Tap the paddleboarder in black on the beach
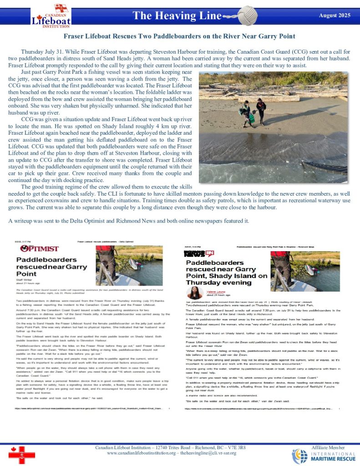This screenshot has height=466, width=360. (261, 111)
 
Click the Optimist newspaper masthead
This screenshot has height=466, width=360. (39, 248)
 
